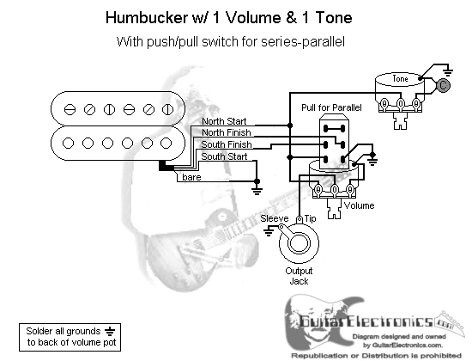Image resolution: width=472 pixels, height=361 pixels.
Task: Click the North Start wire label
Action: click(x=224, y=121)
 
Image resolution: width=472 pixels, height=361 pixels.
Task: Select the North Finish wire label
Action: click(x=227, y=132)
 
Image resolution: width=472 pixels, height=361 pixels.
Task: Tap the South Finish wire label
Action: click(x=227, y=144)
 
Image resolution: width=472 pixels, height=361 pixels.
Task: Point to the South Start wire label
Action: click(x=224, y=156)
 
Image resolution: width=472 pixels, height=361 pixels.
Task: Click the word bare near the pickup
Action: click(x=191, y=177)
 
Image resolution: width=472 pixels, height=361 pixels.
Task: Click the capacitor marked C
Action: click(x=443, y=85)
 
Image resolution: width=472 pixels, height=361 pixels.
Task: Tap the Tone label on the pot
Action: click(x=400, y=79)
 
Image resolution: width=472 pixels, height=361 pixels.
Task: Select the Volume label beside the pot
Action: click(x=359, y=205)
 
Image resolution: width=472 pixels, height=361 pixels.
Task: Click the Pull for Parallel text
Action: click(x=331, y=107)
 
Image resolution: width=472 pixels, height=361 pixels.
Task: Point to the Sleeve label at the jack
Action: click(x=275, y=218)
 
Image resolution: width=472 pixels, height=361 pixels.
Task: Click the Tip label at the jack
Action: click(x=310, y=218)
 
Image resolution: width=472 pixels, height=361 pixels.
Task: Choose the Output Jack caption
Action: click(x=299, y=276)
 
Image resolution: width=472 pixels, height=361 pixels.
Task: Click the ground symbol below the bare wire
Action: click(x=257, y=190)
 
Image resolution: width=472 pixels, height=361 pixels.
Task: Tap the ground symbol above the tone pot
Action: click(x=448, y=72)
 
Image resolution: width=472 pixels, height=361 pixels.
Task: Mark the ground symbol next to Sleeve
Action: click(x=269, y=232)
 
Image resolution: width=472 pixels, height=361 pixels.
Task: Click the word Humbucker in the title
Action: click(x=147, y=17)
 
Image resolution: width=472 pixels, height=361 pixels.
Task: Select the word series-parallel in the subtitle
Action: click(x=303, y=42)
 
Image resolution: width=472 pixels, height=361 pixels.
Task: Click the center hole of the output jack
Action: click(x=299, y=242)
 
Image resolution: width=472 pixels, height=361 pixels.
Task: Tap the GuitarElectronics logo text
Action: click(x=366, y=321)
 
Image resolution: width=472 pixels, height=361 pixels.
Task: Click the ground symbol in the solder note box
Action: click(x=110, y=331)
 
